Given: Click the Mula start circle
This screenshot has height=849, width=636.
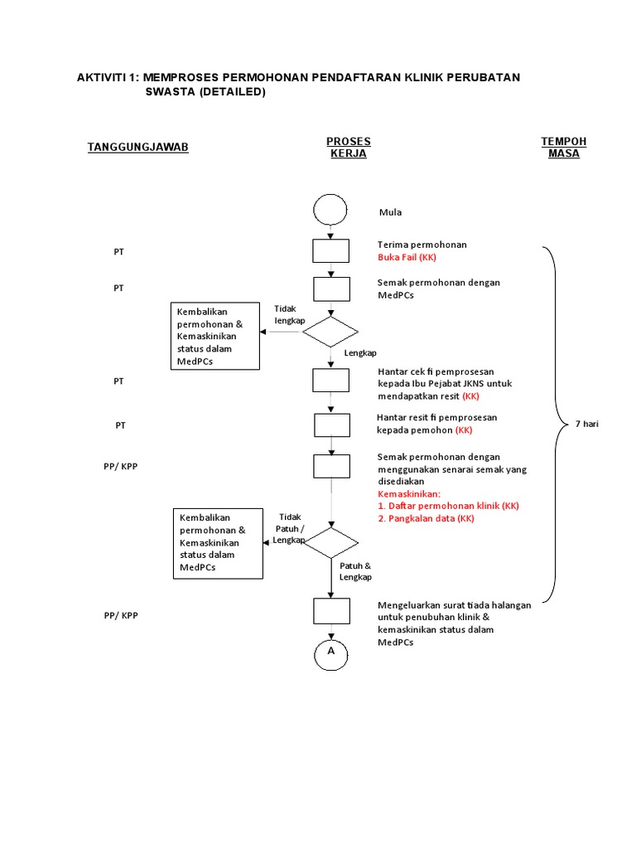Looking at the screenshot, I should point(330,209).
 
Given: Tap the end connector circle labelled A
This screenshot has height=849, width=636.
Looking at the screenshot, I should point(330,653).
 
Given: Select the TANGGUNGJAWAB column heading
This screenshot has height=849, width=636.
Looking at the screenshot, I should point(138,147).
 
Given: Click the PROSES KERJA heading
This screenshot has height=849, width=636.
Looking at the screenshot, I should point(348,148).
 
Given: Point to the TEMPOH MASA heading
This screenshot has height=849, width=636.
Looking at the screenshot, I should point(563,148).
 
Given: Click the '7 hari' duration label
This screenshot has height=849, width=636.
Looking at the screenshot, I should point(586,424).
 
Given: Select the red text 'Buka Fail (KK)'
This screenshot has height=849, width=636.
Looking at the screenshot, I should point(406,257).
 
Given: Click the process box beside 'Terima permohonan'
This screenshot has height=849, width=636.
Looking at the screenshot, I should point(330,251).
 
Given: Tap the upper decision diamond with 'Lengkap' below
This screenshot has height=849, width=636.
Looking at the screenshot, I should point(330,332).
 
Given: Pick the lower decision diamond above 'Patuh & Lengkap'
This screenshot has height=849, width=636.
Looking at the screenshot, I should point(330,541).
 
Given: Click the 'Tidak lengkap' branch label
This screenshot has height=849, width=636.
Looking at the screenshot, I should point(290,314).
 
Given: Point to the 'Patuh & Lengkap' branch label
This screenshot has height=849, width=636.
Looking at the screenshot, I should point(355,571).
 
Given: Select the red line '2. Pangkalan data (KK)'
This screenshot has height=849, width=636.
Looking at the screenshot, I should point(426,518).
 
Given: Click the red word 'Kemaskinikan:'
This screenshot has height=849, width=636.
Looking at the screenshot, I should point(410,493).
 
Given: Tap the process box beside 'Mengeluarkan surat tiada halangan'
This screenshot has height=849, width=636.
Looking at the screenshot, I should point(330,611).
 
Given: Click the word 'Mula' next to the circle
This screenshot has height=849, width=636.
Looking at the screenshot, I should point(390,212).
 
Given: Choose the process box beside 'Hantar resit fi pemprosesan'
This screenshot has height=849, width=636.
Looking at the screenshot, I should point(330,424).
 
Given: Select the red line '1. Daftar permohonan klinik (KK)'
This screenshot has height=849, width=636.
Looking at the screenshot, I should point(448,506).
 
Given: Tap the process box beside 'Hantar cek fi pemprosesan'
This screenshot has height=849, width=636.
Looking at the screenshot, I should point(330,380).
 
